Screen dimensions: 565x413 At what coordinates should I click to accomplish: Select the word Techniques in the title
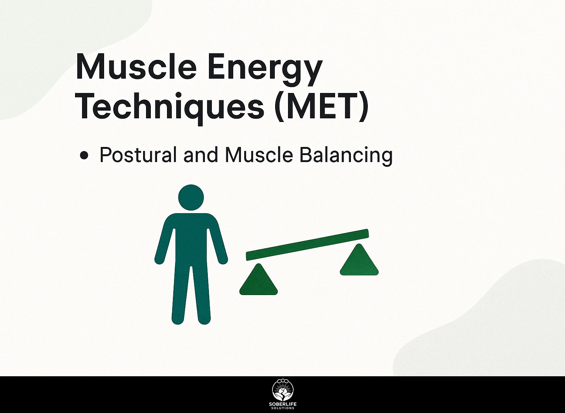[169, 106]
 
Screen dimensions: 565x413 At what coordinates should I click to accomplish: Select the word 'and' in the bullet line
[200, 155]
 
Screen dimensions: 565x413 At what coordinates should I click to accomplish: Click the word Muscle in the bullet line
[259, 155]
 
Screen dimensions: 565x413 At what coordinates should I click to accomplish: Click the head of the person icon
[191, 198]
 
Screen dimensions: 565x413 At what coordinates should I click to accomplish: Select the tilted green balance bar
[307, 245]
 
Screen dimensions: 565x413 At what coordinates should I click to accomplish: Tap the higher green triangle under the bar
[359, 260]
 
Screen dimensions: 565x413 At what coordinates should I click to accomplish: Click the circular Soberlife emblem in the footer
[282, 390]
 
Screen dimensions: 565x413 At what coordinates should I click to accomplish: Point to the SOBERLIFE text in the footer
[282, 405]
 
